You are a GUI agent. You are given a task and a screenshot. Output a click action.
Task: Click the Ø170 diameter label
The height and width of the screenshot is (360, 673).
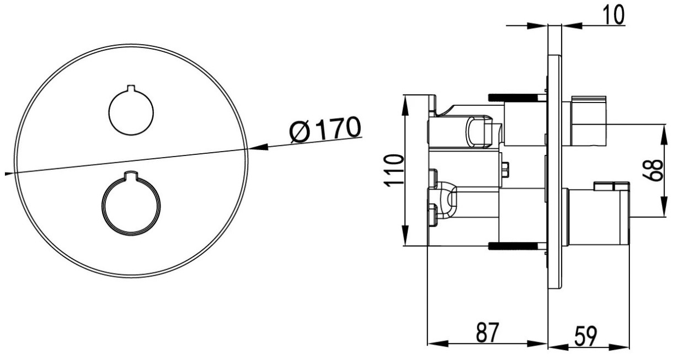click(x=325, y=130)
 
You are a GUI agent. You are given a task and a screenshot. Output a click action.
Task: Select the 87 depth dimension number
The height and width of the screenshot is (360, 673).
click(x=487, y=332)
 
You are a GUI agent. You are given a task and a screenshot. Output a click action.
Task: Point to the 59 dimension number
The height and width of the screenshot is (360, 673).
click(x=586, y=336)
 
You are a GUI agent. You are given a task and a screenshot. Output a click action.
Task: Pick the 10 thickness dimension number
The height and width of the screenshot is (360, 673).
click(x=613, y=14)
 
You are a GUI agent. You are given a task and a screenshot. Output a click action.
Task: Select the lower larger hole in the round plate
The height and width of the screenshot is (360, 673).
click(x=131, y=203)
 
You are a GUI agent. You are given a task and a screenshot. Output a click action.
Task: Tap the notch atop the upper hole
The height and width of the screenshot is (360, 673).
click(x=131, y=88)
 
